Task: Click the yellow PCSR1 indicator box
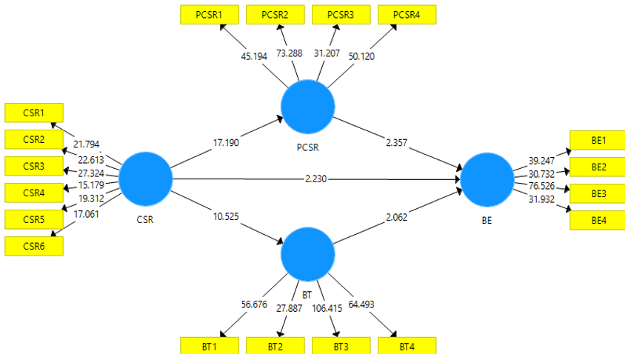pyautogui.click(x=211, y=14)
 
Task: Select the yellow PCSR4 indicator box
pyautogui.click(x=407, y=14)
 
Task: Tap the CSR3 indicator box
pyautogui.click(x=34, y=165)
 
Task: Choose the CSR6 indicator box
pyautogui.click(x=34, y=246)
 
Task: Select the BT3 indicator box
pyautogui.click(x=341, y=346)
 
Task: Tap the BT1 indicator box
pyautogui.click(x=210, y=346)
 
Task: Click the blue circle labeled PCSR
pyautogui.click(x=308, y=105)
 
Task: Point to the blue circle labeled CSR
pyautogui.click(x=145, y=179)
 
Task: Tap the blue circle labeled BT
pyautogui.click(x=308, y=253)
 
